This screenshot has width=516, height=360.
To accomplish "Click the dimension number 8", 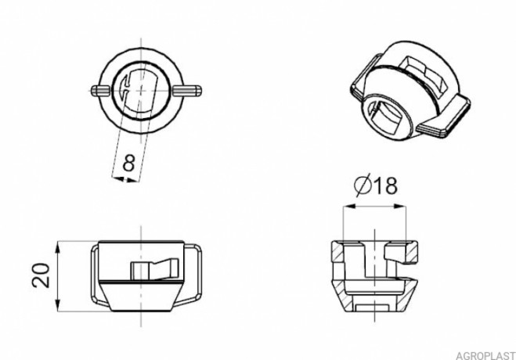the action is coord(128,163).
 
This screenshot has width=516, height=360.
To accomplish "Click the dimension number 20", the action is coord(41,275).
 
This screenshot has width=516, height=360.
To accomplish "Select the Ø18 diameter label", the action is coord(376,185).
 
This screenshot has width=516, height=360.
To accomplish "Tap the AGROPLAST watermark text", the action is coord(485,355).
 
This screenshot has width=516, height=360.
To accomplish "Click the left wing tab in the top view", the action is coord(100,91).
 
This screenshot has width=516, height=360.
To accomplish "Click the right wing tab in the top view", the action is coord(187,91).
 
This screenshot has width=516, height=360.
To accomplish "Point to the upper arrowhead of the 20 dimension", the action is coord(58,247).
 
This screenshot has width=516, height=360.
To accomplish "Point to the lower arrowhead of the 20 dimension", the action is coord(58,304).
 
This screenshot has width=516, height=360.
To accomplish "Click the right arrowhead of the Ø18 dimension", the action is coord(400,206).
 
